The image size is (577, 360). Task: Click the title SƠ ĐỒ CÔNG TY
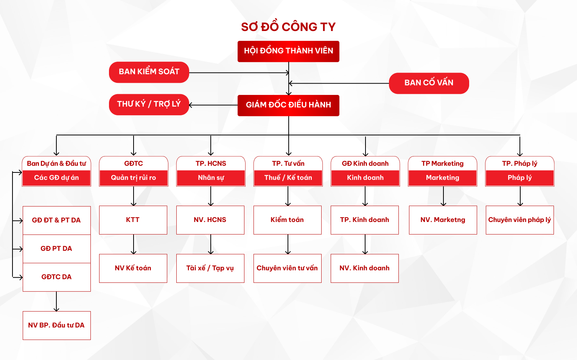[288, 27]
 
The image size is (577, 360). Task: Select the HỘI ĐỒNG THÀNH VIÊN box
[288, 51]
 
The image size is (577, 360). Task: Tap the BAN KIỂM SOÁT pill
[149, 72]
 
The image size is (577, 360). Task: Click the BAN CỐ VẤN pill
[429, 83]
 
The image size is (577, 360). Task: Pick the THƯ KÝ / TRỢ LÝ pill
[149, 104]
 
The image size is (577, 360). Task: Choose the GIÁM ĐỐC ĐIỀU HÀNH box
[288, 105]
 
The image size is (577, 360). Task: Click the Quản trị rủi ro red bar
[134, 178]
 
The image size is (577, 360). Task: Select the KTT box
[133, 220]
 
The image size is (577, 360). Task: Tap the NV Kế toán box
[133, 268]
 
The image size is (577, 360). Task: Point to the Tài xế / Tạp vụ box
[210, 268]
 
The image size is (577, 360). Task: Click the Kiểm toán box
[287, 220]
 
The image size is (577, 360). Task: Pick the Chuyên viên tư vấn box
[287, 268]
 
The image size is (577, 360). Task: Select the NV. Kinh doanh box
[364, 268]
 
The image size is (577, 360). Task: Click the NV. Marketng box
[443, 220]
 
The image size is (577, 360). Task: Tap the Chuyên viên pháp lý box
[519, 220]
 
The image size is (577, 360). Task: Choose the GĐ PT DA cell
[56, 248]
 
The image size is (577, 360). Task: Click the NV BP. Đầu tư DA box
[56, 325]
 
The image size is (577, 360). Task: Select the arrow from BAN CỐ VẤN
[339, 83]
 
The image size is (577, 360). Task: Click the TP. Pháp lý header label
[519, 163]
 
